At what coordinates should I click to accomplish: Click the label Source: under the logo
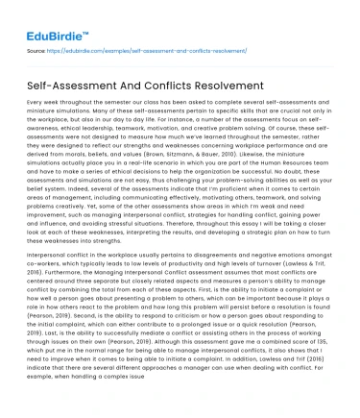tap(36, 48)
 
